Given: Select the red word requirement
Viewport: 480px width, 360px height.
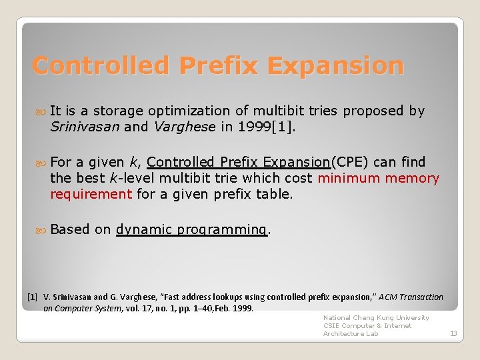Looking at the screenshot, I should [x=91, y=194].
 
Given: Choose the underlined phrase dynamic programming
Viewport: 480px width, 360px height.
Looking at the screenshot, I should [x=192, y=229].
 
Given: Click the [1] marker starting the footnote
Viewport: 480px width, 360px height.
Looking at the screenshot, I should [x=32, y=297].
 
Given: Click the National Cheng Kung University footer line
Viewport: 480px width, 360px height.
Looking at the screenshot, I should [x=376, y=318].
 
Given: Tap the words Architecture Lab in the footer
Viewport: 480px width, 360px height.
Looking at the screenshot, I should [x=351, y=333].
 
